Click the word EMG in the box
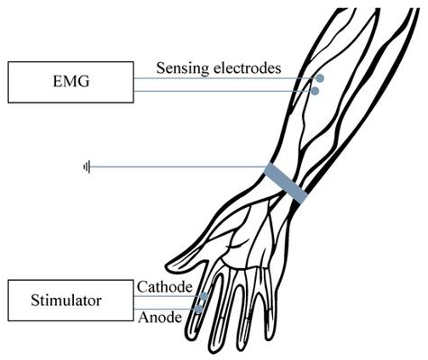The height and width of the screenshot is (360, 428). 71,82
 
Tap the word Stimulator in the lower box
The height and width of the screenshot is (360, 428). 66,301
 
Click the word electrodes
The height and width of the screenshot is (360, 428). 247,67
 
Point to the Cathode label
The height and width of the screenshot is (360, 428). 165,287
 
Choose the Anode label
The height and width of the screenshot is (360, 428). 160,317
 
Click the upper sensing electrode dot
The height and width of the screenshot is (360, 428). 320,78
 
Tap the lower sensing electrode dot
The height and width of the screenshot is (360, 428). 314,91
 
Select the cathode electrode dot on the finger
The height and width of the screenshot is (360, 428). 204,296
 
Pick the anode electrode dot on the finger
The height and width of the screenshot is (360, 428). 198,309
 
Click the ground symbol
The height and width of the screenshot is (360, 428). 87,166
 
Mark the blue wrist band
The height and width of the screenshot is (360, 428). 286,184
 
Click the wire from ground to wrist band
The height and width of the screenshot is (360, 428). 178,166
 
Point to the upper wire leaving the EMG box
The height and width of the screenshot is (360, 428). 225,78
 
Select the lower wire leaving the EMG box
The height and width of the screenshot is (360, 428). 223,91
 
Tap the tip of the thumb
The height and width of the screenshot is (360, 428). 168,265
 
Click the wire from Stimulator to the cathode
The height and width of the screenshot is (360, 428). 168,296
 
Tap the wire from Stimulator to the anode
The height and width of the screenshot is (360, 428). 165,309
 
